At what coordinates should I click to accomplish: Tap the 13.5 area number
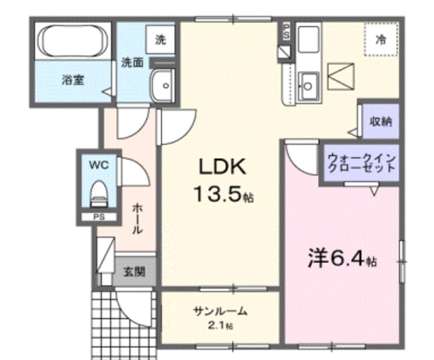(218, 197)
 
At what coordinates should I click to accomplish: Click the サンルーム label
(220, 311)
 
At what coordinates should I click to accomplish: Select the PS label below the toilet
(99, 217)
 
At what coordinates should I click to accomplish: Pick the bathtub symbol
(73, 41)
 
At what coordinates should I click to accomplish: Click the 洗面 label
(132, 63)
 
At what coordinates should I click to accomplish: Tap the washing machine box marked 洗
(161, 39)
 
